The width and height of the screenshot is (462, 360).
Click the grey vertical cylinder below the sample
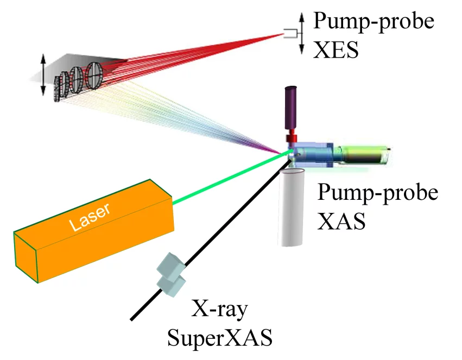[293, 206]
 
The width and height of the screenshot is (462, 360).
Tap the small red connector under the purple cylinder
[292, 136]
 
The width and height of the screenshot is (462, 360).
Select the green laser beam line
[228, 180]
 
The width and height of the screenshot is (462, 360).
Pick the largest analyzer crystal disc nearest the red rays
[94, 75]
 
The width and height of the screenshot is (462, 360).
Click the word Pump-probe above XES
[374, 21]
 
